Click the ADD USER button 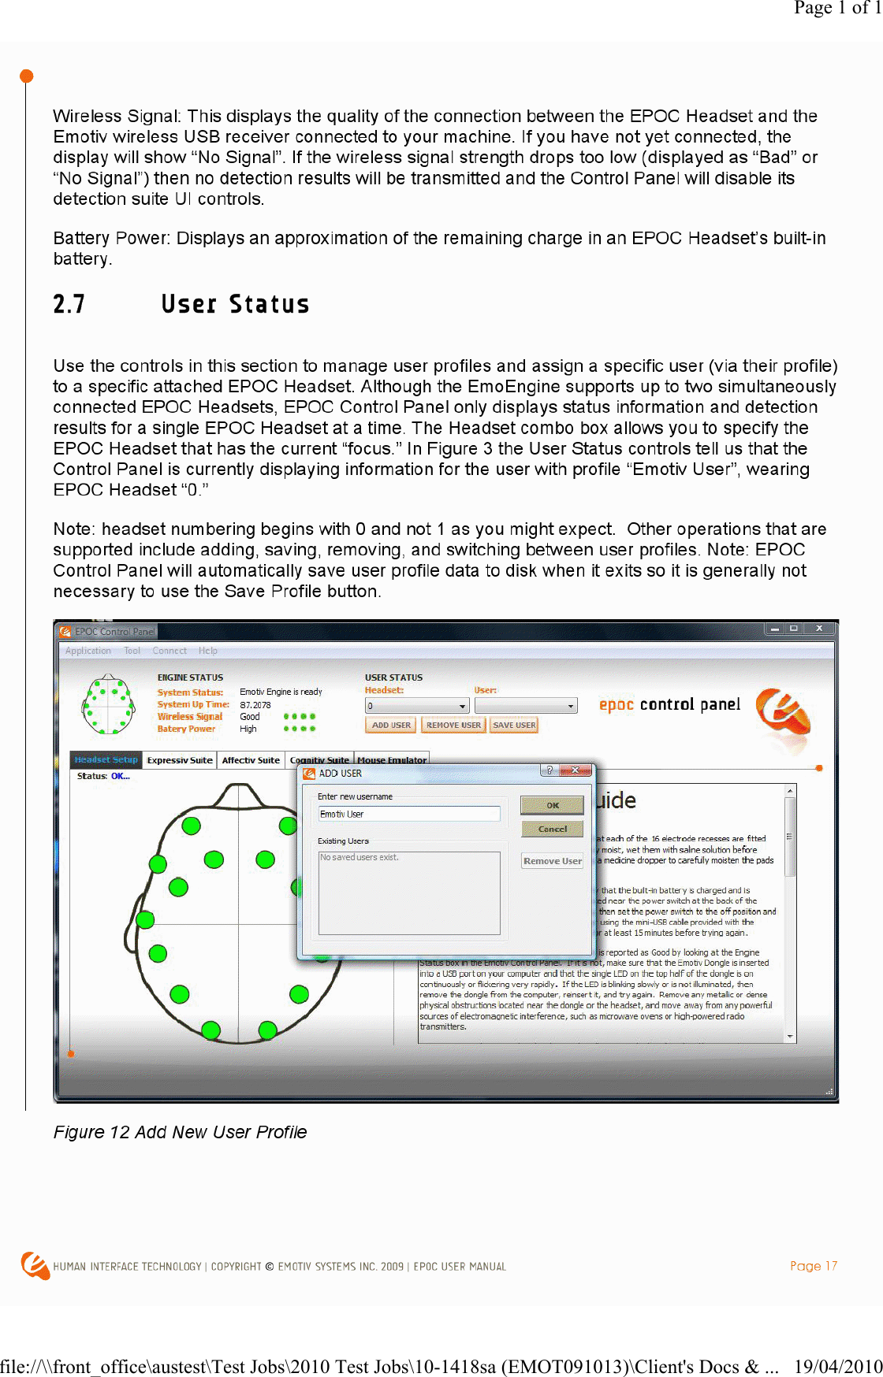[391, 725]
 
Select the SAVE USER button [514, 725]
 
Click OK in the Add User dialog [553, 805]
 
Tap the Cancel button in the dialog [553, 829]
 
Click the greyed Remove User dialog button [553, 861]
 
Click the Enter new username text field [408, 814]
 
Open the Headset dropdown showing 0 [417, 706]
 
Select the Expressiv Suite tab [180, 760]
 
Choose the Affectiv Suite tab [251, 760]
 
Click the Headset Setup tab [106, 760]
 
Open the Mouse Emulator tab [392, 760]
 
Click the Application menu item [88, 651]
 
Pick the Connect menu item [170, 651]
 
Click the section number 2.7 [69, 304]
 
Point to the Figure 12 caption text [180, 1132]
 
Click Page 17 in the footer [814, 1266]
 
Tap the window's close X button [819, 629]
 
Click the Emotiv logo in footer [35, 1265]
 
